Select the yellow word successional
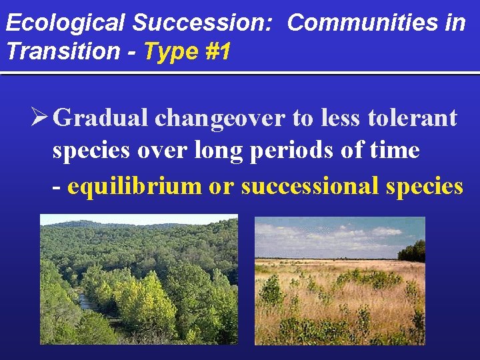(x=311, y=186)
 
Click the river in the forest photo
(x=87, y=303)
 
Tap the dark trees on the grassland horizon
(x=412, y=251)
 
